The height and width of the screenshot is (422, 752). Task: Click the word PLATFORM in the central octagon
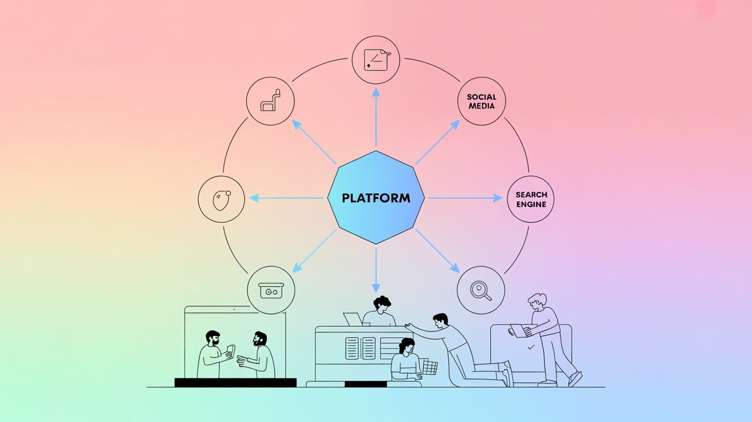(376, 198)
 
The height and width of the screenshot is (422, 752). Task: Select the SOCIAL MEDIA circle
(481, 101)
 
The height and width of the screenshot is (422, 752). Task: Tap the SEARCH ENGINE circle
(531, 199)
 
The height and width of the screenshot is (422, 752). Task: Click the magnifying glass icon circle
(481, 290)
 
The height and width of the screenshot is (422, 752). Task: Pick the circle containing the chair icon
(270, 101)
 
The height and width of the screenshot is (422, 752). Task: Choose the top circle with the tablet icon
(376, 59)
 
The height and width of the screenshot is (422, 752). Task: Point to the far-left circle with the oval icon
(221, 200)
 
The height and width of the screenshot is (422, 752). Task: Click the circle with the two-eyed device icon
(271, 290)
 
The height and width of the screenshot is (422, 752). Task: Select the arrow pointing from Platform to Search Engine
(464, 198)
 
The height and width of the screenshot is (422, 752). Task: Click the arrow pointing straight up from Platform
(376, 118)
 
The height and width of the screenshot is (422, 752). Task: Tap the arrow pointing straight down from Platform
(376, 269)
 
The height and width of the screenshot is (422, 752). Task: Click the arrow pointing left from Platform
(287, 198)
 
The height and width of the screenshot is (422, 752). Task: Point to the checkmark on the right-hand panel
(531, 347)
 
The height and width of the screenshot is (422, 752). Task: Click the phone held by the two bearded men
(231, 350)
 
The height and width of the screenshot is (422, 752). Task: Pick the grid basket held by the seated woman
(429, 368)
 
